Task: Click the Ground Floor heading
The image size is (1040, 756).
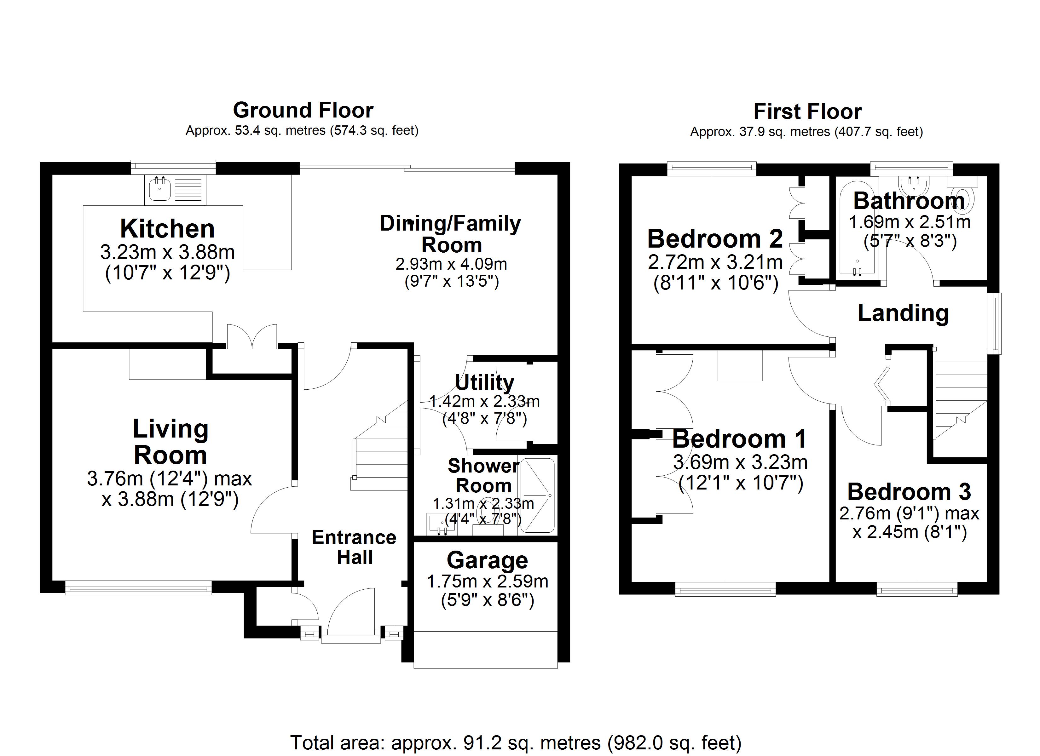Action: click(303, 111)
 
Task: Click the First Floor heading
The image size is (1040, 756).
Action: click(807, 112)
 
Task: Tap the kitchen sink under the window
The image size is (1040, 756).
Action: click(159, 190)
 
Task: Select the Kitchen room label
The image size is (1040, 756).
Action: click(167, 229)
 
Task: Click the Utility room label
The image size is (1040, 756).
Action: click(484, 382)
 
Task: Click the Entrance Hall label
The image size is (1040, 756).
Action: click(354, 547)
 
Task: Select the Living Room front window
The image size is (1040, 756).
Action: click(138, 588)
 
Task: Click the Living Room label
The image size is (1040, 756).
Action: click(170, 442)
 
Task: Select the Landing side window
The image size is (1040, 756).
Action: click(997, 323)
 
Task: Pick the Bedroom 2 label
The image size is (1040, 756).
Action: click(715, 239)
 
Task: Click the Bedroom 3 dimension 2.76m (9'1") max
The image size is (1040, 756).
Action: click(909, 513)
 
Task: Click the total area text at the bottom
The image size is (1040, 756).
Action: click(516, 742)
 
